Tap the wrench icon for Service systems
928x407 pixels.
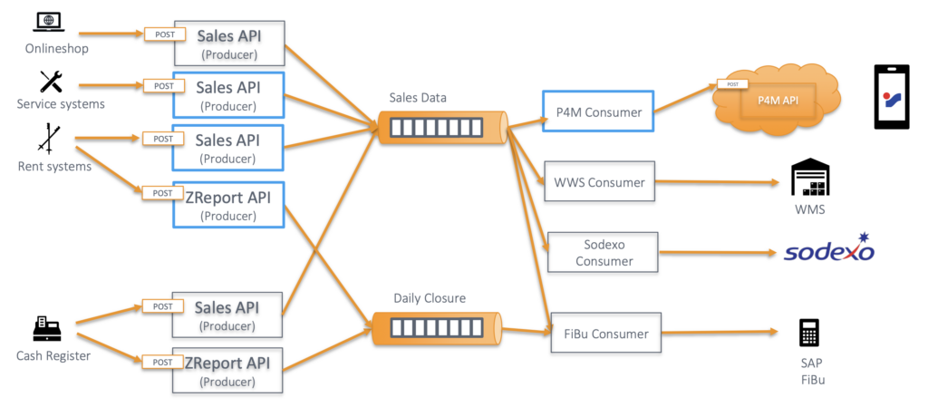click(x=51, y=82)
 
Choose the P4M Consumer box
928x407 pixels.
click(x=597, y=113)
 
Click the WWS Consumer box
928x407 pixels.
click(x=599, y=182)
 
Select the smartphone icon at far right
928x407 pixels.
click(x=890, y=97)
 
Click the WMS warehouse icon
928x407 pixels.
click(x=809, y=179)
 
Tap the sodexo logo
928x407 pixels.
click(x=828, y=249)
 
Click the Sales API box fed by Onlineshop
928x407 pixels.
click(x=229, y=42)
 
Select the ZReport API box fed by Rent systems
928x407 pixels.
click(x=229, y=205)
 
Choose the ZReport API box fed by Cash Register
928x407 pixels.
click(x=229, y=371)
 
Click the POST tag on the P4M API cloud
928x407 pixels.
click(x=730, y=84)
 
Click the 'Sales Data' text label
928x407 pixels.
click(x=418, y=98)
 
